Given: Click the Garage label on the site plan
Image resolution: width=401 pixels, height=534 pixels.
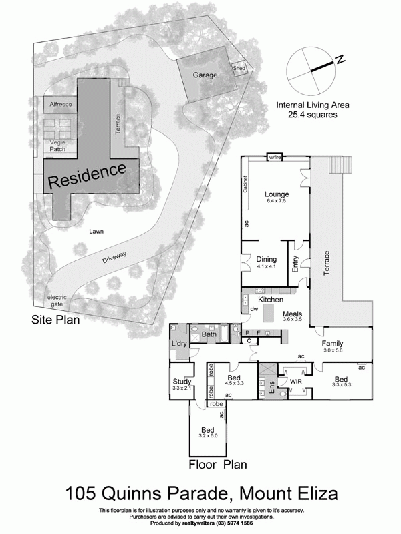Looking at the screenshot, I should coord(205,75).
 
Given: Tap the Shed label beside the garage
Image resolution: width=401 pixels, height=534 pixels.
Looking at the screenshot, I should coord(239,68).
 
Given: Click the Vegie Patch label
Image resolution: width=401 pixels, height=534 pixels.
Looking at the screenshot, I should coord(57,145).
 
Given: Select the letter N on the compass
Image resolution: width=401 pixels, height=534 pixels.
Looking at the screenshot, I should coord(340,60).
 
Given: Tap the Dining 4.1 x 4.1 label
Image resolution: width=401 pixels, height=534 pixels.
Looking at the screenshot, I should coord(266,262).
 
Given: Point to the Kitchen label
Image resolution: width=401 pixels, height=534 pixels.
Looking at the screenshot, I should coord(271,300).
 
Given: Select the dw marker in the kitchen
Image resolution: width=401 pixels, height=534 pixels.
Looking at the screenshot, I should coord(254,310).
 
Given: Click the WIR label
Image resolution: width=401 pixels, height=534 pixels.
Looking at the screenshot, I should coord(293,380).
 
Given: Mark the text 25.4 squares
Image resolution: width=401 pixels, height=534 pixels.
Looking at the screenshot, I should coord(311,115).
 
